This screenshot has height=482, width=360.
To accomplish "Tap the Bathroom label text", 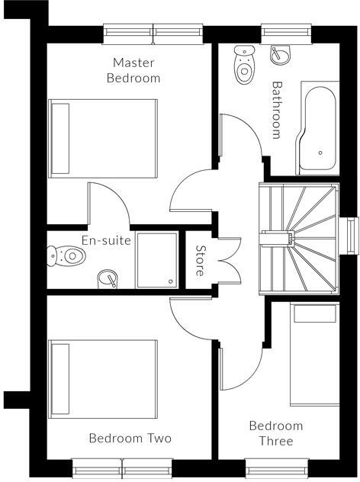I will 277,110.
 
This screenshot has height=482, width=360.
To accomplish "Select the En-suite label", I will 107,241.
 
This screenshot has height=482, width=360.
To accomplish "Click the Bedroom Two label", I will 130,439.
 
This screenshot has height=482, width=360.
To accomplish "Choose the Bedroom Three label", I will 275,433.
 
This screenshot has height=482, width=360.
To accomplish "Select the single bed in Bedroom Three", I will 313,354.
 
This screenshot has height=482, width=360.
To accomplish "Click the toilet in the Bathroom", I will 244,64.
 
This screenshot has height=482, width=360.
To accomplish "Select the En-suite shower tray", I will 157,260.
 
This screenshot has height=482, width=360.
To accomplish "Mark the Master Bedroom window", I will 153,31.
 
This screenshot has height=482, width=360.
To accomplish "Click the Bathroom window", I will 284,31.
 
